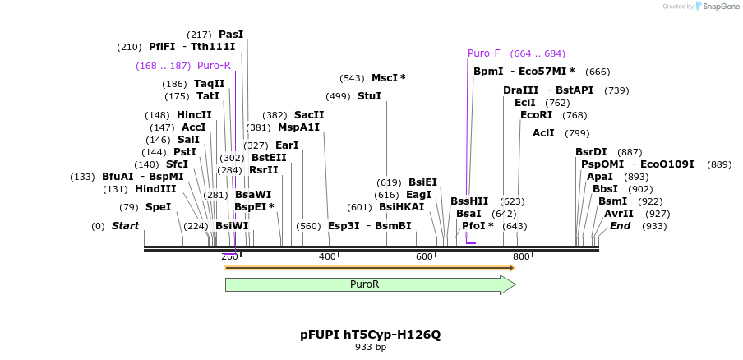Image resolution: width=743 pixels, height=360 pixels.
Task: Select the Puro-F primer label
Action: (x=484, y=53)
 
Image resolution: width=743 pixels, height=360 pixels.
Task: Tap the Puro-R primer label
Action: (x=214, y=66)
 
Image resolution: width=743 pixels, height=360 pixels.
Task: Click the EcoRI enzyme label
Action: (x=536, y=115)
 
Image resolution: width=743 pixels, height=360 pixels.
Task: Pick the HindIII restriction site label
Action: (x=155, y=189)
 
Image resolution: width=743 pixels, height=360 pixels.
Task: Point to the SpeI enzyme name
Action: (x=158, y=207)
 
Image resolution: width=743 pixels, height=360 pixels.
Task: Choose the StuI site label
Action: (x=369, y=96)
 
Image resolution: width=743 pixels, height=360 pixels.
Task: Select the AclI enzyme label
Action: (x=543, y=133)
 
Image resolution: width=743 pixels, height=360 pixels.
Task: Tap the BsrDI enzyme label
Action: (x=591, y=152)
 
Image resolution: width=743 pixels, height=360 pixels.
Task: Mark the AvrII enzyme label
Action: (x=619, y=214)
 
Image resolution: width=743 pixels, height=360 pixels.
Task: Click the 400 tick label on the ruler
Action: (x=327, y=257)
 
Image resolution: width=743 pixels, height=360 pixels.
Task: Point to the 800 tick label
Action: (x=521, y=257)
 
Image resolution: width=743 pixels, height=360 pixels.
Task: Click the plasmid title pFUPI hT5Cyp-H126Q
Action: (x=370, y=335)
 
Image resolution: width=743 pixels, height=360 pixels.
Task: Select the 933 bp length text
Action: (x=370, y=348)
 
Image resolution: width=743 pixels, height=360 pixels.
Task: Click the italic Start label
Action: (x=125, y=226)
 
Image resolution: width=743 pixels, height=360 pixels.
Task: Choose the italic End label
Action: (x=621, y=226)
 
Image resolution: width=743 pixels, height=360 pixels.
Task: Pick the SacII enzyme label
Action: (x=309, y=115)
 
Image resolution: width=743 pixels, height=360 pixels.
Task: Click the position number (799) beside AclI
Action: (x=577, y=133)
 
